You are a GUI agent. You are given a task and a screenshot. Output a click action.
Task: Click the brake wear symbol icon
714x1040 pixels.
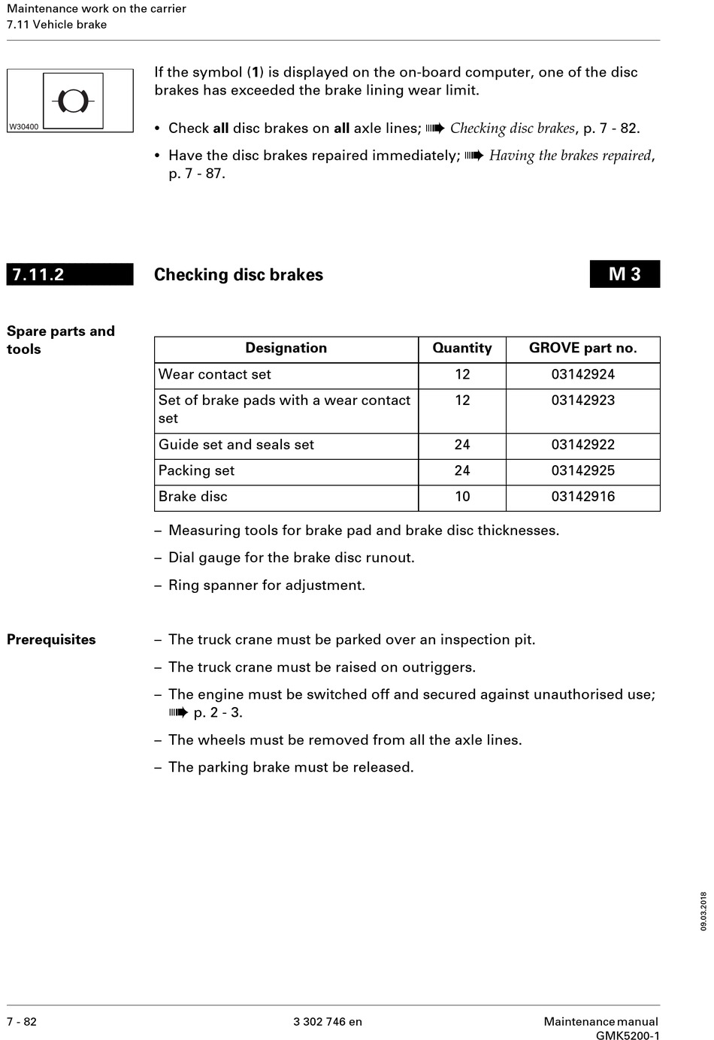coord(72,100)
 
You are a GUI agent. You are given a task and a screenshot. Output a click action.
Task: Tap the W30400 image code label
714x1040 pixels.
coord(23,127)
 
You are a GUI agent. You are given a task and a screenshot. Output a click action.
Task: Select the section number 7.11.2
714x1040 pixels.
coord(38,274)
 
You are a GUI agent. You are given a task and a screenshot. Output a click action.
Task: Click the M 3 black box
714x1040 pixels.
coord(625,274)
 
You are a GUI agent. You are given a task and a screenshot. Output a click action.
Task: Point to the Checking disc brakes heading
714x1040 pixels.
coord(238,275)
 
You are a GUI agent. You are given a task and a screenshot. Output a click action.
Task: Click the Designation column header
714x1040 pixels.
coord(286,348)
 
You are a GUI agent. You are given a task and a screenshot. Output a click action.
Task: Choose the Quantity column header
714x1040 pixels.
coord(461,348)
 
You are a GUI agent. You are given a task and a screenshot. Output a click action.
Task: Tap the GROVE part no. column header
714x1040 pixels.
coord(582,348)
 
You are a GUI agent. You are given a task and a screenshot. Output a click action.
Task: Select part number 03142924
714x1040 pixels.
coord(582,374)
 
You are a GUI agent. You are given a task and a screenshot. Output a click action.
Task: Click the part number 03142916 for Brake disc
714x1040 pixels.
coord(582,497)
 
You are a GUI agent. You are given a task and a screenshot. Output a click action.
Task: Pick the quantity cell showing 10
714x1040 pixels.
coord(461,497)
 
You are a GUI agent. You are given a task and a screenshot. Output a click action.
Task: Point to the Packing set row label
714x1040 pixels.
coord(196,470)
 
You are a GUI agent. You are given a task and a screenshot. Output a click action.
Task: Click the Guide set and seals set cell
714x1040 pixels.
coord(236,445)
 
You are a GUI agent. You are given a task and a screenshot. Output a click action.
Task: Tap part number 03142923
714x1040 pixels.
coord(582,401)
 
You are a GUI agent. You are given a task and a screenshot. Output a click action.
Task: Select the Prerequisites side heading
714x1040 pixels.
coord(51,640)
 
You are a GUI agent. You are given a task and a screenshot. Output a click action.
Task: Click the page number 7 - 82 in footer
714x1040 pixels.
coord(22,1022)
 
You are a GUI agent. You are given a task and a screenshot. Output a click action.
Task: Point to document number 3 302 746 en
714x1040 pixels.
coord(328,1022)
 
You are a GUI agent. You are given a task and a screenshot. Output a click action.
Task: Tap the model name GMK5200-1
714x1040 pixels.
coord(628,1036)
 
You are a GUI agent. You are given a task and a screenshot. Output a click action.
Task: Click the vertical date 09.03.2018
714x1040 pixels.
coord(703,912)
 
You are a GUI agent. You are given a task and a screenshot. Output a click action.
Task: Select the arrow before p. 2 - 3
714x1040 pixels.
coord(178,713)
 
